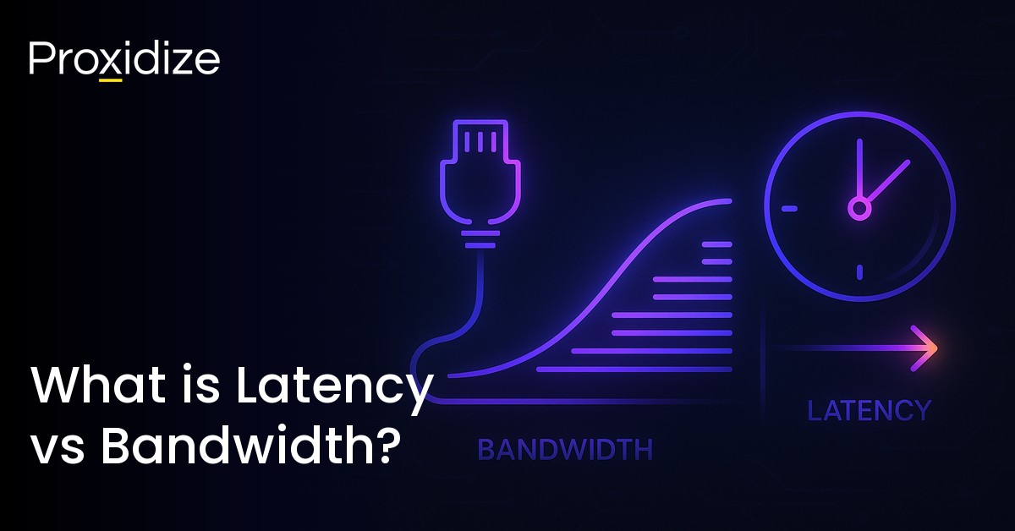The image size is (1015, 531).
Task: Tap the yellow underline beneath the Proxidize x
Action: [111, 80]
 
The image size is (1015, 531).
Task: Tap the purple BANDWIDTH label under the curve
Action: [565, 450]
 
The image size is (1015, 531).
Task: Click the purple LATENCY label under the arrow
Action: [869, 411]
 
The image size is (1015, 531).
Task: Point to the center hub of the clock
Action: [859, 207]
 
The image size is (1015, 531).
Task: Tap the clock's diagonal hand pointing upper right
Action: [886, 182]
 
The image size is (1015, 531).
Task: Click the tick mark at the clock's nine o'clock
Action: [789, 208]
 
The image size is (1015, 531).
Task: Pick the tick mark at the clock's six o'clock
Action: [859, 272]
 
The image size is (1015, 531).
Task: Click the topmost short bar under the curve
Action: [716, 244]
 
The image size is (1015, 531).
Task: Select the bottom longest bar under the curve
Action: [634, 369]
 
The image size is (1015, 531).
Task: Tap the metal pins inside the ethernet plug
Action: [479, 140]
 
